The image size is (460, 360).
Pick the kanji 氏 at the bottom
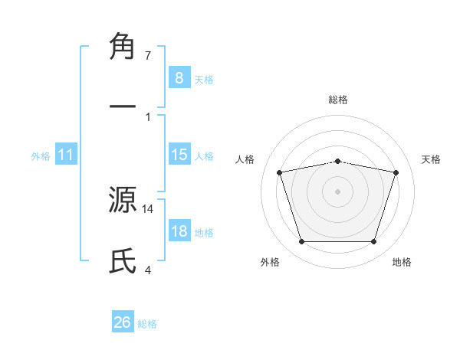(x=123, y=261)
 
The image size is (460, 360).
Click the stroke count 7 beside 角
(x=148, y=56)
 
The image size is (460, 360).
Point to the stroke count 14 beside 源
(x=148, y=208)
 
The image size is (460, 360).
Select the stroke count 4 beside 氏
(x=148, y=270)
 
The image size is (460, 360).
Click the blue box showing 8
(x=179, y=77)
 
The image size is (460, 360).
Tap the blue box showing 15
(x=179, y=155)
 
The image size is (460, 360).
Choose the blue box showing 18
(x=179, y=231)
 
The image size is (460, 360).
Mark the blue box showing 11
(x=66, y=155)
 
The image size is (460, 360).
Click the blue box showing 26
(x=123, y=322)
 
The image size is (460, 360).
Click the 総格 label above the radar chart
(x=338, y=100)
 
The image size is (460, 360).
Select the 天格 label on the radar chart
(x=432, y=159)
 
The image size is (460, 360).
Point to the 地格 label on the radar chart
(x=402, y=262)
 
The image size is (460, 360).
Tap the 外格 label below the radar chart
(x=270, y=262)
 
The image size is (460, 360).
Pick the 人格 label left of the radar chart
(x=246, y=159)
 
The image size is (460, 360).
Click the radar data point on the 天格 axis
(x=396, y=172)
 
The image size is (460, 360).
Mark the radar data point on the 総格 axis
(x=338, y=162)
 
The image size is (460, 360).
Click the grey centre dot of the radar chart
(x=338, y=191)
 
